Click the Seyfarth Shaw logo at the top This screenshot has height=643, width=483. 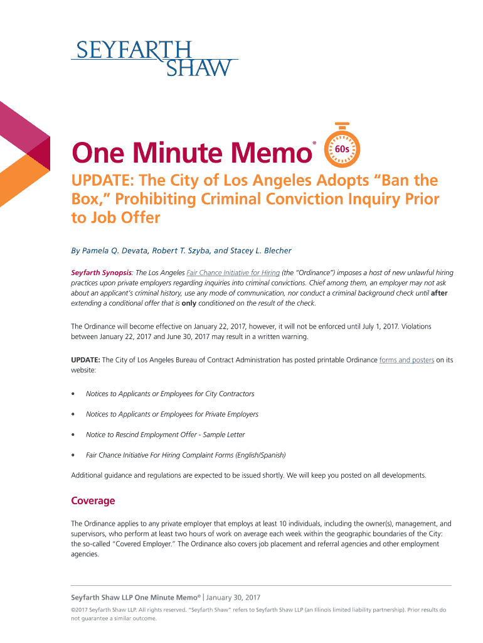(154, 58)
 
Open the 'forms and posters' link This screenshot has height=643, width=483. (406, 360)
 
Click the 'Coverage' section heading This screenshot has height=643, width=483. (93, 501)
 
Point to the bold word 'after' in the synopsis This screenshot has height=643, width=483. (439, 293)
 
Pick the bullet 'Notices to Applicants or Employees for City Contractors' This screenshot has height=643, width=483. (170, 394)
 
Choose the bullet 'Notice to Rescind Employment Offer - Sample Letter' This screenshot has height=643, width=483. (165, 435)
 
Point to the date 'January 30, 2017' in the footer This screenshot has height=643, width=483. (233, 597)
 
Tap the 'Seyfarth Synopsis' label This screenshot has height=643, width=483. (101, 273)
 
